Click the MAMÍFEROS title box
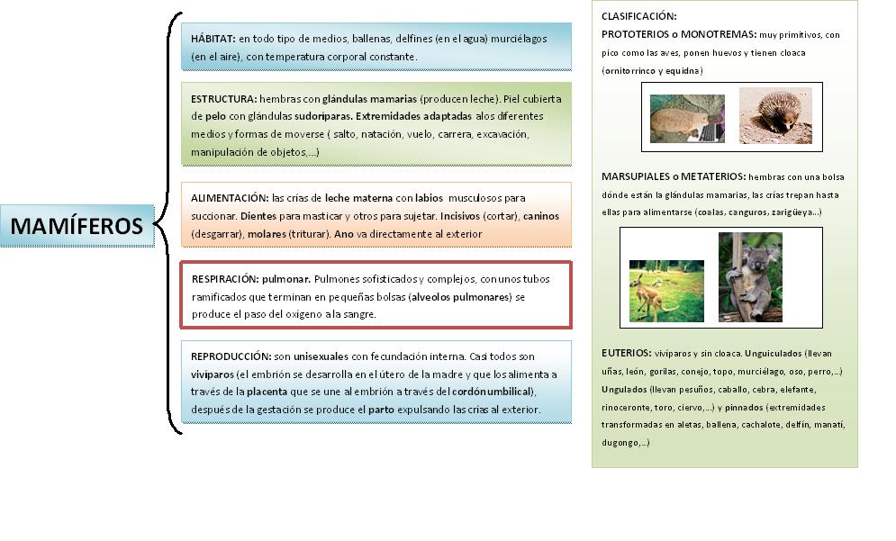tap(77, 225)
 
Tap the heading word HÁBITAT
tap(213, 39)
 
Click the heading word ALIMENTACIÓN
tap(230, 197)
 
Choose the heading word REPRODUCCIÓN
tap(231, 356)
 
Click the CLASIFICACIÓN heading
tap(638, 16)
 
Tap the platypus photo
tap(687, 118)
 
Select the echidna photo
tap(775, 115)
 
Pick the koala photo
tap(750, 277)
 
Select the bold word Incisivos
tap(459, 216)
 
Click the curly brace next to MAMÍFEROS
tap(167, 225)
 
